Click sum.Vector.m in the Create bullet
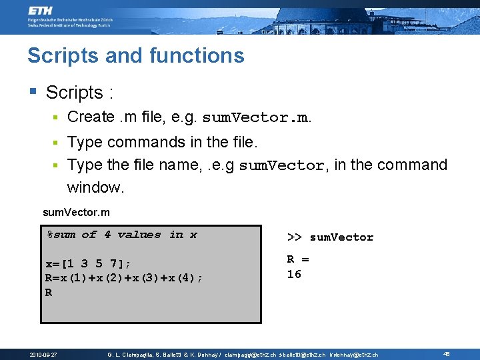point(255,118)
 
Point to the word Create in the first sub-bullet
point(91,117)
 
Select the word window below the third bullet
point(95,187)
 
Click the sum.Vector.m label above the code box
point(76,213)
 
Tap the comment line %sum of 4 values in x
point(122,235)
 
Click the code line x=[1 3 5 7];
point(89,263)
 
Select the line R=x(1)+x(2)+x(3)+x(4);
point(124,277)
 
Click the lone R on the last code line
point(49,292)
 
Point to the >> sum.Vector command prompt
point(330,237)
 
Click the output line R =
point(298,259)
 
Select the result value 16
point(294,274)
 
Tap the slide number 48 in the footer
point(447,354)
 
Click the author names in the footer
point(163,355)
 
